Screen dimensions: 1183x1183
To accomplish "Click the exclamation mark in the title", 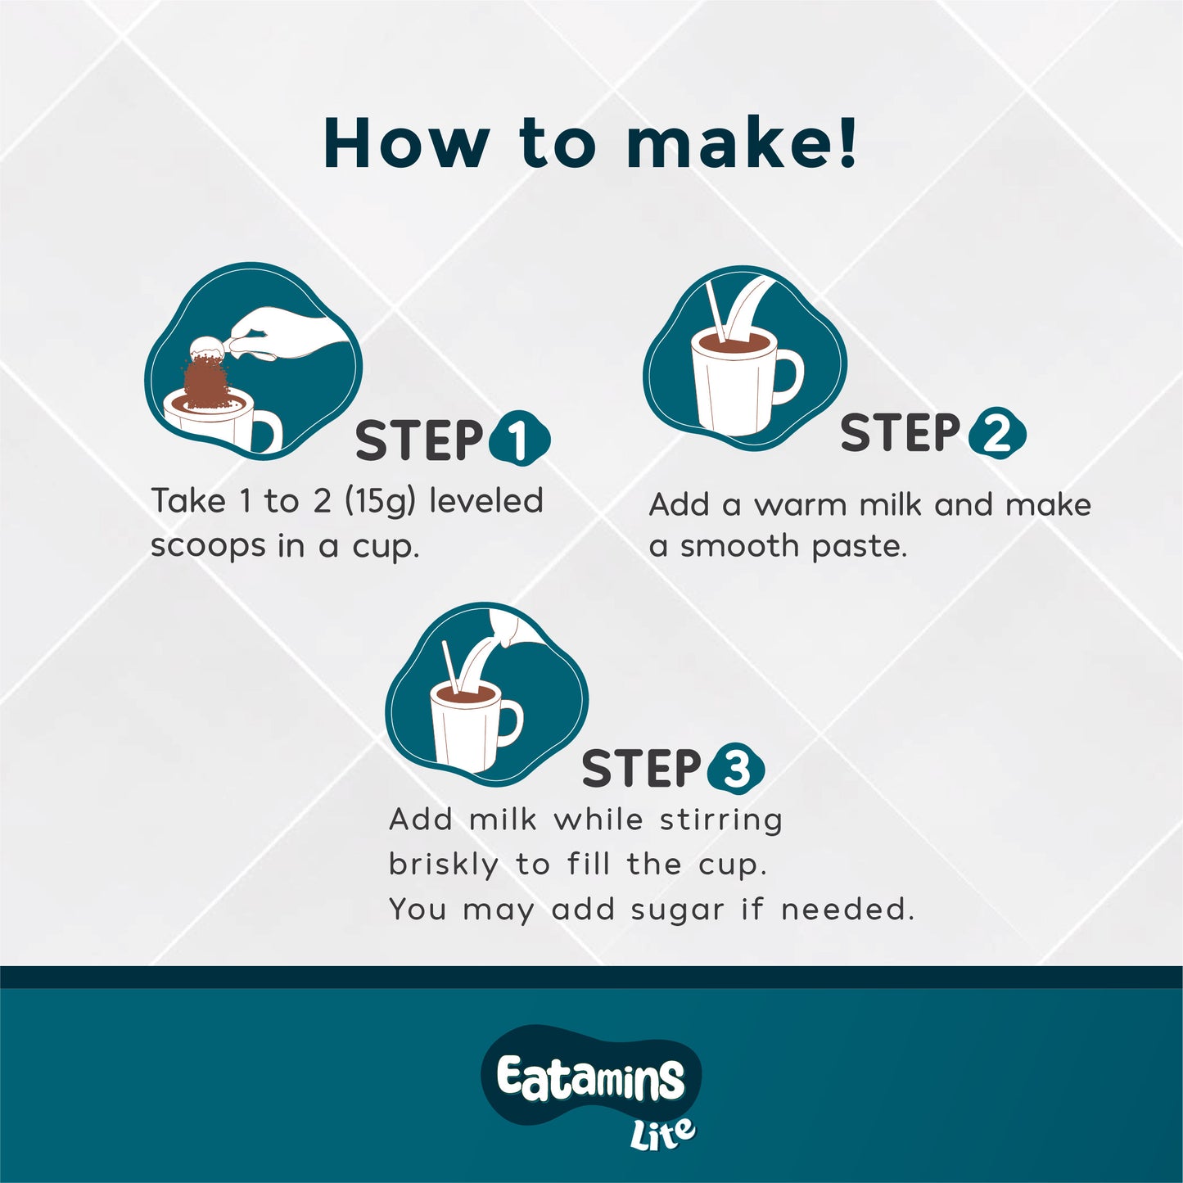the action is tap(848, 142).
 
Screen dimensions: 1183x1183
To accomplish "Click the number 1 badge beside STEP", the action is tap(519, 438).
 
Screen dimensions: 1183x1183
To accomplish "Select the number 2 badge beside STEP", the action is tap(997, 433).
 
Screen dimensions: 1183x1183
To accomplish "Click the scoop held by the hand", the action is tap(212, 350).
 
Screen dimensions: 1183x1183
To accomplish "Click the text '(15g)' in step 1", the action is tap(380, 503).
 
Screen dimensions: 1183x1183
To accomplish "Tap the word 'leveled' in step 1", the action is tap(486, 499).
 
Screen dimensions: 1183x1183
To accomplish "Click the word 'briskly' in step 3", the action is tap(444, 865).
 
